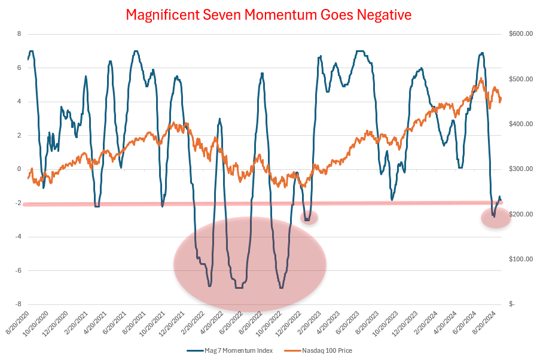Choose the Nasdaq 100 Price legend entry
318,349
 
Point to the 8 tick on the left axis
19,34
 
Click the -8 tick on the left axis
17,304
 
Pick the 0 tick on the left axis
19,169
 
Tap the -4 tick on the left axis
17,236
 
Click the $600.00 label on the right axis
520,34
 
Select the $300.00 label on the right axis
520,169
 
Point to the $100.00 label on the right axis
520,259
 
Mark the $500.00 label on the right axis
520,79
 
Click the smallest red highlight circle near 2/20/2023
309,217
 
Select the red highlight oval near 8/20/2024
496,218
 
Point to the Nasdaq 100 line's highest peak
481,78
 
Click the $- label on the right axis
512,304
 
